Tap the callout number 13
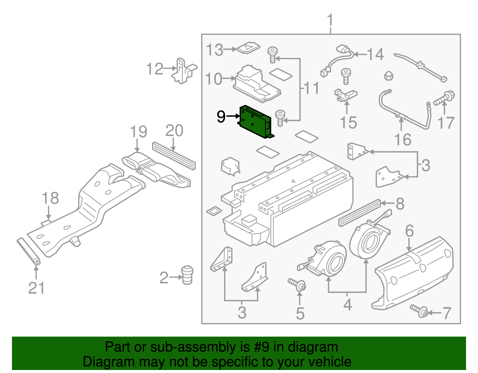click(215, 50)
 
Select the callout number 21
click(36, 288)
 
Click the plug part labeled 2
click(187, 275)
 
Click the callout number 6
click(409, 231)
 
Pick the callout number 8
click(400, 204)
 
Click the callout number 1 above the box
click(330, 20)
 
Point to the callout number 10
click(214, 79)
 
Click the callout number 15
click(348, 122)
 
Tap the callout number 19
click(139, 132)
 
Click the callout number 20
click(174, 131)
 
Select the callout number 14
click(375, 55)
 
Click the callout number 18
click(50, 198)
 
